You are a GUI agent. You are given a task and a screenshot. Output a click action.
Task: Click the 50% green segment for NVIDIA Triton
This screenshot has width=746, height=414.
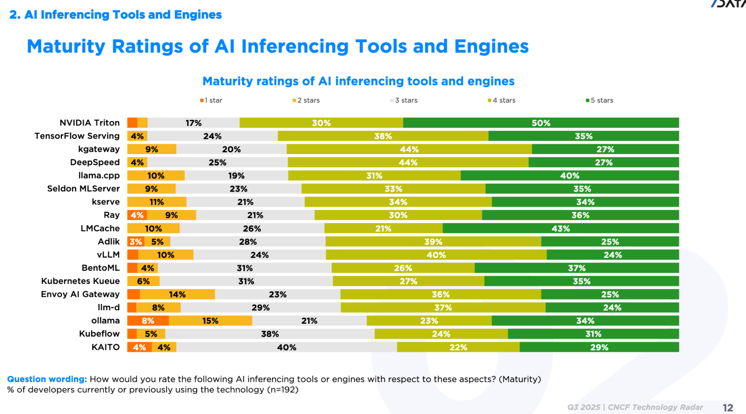(x=541, y=123)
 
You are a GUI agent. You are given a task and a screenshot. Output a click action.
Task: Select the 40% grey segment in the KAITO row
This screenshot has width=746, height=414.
(x=286, y=347)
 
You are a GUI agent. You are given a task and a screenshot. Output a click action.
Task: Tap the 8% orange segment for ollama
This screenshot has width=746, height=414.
(x=148, y=321)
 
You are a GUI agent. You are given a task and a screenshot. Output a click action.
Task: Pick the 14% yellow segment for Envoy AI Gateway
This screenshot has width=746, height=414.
(x=177, y=294)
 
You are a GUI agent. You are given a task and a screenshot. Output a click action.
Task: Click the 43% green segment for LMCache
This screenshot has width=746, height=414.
(x=561, y=228)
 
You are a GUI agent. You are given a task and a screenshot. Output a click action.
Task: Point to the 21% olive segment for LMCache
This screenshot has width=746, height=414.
(x=383, y=228)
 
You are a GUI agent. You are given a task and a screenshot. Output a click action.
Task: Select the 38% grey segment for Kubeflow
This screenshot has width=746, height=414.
(x=270, y=334)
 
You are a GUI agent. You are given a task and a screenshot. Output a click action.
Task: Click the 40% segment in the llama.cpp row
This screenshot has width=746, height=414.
(x=569, y=175)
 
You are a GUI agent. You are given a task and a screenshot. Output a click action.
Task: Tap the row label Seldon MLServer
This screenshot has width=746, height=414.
(x=83, y=188)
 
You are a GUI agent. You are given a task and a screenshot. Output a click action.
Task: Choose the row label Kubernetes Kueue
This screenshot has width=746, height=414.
(x=80, y=281)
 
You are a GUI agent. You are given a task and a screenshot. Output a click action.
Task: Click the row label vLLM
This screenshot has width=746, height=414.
(x=108, y=255)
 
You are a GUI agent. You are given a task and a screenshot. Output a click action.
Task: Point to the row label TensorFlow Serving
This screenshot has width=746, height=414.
(x=77, y=136)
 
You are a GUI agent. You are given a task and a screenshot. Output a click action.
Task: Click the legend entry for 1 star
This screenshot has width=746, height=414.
(x=212, y=100)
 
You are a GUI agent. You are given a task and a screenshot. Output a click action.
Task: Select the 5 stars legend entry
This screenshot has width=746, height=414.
(x=600, y=100)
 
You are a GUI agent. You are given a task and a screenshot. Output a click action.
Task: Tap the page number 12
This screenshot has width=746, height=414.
(x=728, y=407)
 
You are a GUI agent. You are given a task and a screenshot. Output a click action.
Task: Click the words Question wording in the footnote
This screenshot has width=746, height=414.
(x=47, y=379)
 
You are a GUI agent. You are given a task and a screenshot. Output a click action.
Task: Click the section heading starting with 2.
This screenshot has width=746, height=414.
(x=116, y=15)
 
